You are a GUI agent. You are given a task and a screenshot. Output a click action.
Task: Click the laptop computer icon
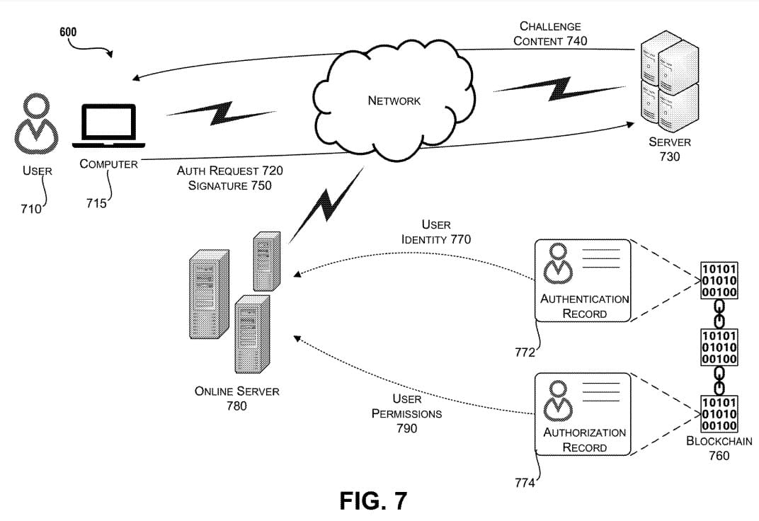coord(108,126)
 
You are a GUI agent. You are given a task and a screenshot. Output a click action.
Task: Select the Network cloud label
coord(394,101)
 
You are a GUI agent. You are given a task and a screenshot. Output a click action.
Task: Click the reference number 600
coord(69,32)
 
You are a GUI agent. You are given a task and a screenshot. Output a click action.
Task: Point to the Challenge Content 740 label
coord(550,34)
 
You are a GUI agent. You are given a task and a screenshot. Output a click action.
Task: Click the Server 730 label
coord(669,149)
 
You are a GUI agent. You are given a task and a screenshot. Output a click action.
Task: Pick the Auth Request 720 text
coord(230,171)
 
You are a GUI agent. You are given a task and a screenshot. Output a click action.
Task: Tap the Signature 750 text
coord(230,185)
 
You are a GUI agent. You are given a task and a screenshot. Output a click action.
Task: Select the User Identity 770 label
coord(436,232)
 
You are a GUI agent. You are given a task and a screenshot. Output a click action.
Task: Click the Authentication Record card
coord(583,280)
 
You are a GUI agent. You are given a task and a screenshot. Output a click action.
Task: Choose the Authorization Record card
coord(583,414)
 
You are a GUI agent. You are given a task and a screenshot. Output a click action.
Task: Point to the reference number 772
coord(525,352)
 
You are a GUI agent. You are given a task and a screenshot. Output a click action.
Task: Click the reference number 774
coord(525,483)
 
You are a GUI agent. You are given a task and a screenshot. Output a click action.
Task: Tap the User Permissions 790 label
coord(406,413)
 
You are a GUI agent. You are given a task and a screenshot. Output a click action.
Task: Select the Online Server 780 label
coord(236,399)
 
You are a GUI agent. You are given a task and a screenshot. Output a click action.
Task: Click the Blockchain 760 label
coord(719,447)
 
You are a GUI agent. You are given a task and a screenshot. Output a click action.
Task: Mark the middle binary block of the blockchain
coord(719,348)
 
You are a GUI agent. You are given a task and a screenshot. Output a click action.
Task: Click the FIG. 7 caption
coord(373,500)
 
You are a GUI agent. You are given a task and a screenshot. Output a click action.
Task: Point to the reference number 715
coord(96,204)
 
